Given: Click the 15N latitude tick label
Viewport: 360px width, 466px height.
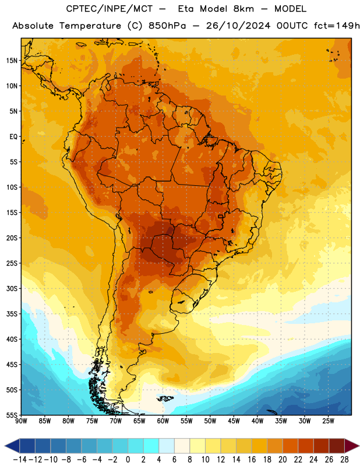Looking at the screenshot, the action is [x=12, y=61].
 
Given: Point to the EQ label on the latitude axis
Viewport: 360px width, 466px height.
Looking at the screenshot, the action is [x=13, y=137].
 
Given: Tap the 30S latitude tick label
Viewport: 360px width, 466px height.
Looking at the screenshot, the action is [x=12, y=288].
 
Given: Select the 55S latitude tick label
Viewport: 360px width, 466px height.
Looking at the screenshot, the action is [x=12, y=415].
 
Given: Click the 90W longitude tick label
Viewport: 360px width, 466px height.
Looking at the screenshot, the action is [x=21, y=421].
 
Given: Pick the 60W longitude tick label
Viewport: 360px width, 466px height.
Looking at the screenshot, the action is [x=163, y=421].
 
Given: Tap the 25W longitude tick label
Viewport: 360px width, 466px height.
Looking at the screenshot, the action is [x=328, y=421].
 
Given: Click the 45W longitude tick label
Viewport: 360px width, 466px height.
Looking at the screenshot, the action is [x=234, y=421].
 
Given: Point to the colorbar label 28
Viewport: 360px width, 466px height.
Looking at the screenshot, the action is [x=344, y=460].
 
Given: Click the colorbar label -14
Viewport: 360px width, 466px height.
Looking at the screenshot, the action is [x=20, y=460].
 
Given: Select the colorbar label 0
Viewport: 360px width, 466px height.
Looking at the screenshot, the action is [x=128, y=460].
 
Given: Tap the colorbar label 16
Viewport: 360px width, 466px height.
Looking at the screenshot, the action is [x=252, y=460].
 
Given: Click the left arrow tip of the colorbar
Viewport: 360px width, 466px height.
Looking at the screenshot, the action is [x=5, y=446].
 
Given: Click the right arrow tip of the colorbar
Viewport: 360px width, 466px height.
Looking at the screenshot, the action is [x=359, y=446].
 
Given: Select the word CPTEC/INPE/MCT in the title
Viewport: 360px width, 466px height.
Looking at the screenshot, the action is [x=109, y=9].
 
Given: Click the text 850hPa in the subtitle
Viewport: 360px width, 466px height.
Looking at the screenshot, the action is [x=167, y=26].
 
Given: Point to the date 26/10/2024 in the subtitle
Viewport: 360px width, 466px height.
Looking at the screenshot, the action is [x=238, y=26].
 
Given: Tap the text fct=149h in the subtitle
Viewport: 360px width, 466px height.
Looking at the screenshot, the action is [x=337, y=26].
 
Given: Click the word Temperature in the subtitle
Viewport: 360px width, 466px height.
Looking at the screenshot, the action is [x=90, y=26].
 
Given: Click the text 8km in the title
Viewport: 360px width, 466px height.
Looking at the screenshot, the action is [x=243, y=9].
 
